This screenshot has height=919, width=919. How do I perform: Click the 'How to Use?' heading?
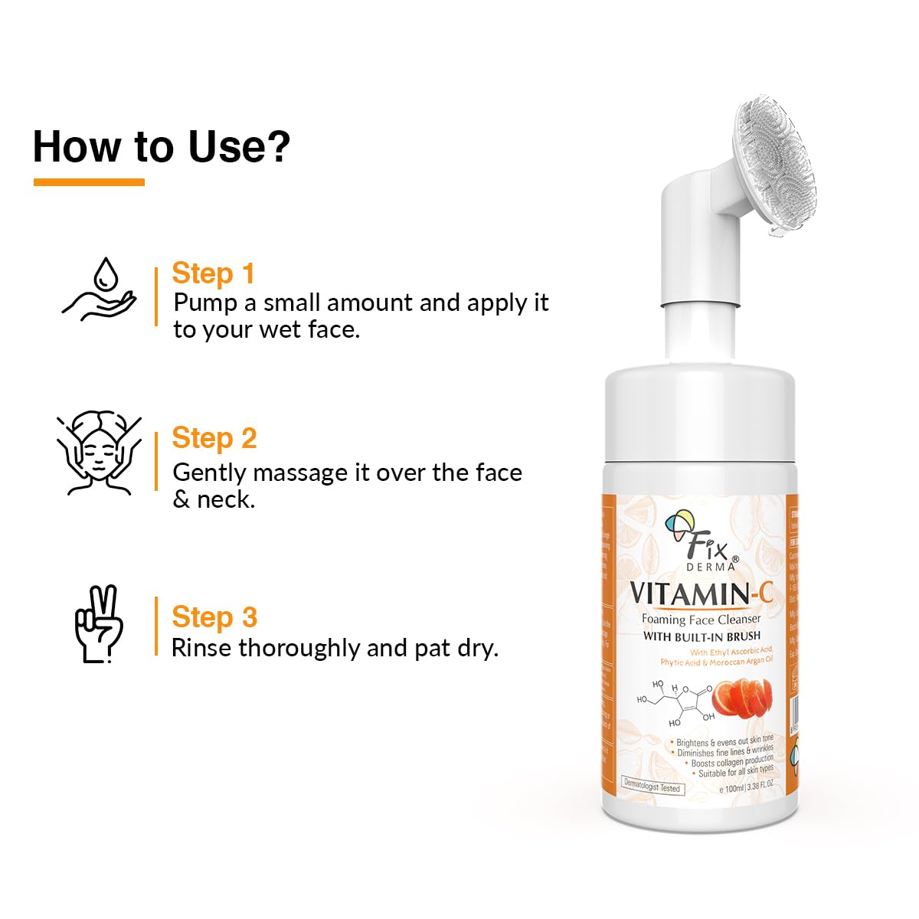161,146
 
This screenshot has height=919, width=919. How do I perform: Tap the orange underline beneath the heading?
89,182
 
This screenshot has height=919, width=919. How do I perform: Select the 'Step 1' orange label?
212,273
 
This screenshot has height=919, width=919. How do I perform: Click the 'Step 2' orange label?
214,438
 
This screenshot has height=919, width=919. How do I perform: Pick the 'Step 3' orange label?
214,617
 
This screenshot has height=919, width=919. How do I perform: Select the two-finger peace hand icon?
99,624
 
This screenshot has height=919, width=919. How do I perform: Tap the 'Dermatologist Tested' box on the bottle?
651,787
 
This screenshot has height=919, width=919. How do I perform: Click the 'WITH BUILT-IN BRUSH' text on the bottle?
702,636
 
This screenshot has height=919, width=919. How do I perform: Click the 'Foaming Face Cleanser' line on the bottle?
701,620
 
